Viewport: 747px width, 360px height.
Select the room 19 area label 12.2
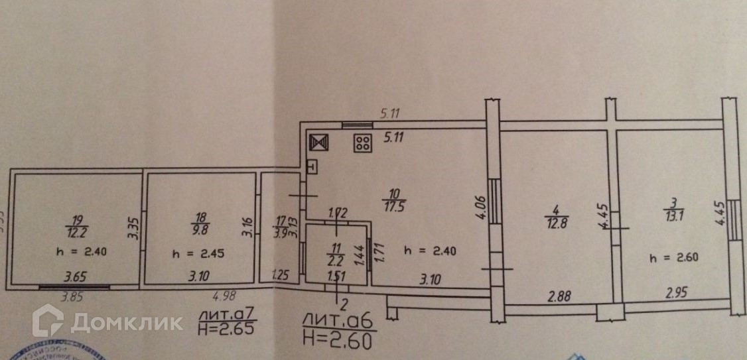[78, 232]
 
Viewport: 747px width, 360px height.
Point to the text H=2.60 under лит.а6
[338, 339]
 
